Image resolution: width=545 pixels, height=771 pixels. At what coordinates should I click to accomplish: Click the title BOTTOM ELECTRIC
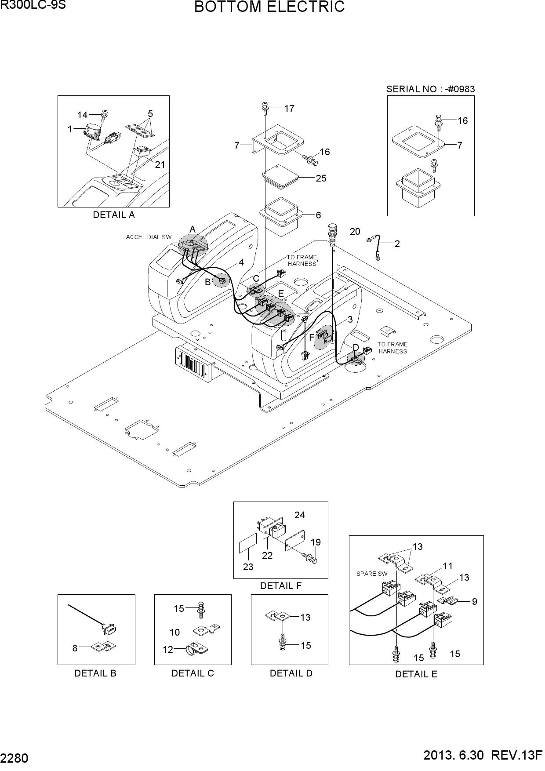click(269, 7)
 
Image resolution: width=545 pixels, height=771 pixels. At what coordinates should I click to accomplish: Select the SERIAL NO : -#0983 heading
click(431, 89)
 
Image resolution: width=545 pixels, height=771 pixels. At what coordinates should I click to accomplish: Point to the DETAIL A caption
click(114, 215)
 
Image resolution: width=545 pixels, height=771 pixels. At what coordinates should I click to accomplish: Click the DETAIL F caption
click(281, 586)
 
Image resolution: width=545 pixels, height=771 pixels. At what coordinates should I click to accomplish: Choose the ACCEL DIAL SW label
click(149, 237)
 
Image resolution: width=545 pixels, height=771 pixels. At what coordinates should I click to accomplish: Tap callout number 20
click(355, 232)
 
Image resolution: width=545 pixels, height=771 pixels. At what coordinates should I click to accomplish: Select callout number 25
click(321, 178)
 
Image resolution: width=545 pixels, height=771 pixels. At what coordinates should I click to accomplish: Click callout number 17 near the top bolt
click(289, 108)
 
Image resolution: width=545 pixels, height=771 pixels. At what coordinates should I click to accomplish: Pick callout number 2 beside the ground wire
click(397, 244)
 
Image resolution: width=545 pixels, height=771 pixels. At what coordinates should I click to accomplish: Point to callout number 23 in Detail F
click(248, 567)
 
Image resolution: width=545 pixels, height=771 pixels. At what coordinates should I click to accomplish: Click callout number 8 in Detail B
click(75, 648)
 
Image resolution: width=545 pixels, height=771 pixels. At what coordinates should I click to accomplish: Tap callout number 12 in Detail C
click(168, 649)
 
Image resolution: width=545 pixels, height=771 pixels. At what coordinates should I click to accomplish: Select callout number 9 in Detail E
click(475, 601)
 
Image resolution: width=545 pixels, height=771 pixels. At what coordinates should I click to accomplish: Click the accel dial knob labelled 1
click(93, 131)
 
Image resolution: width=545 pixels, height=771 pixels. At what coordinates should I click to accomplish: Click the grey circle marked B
click(221, 280)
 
